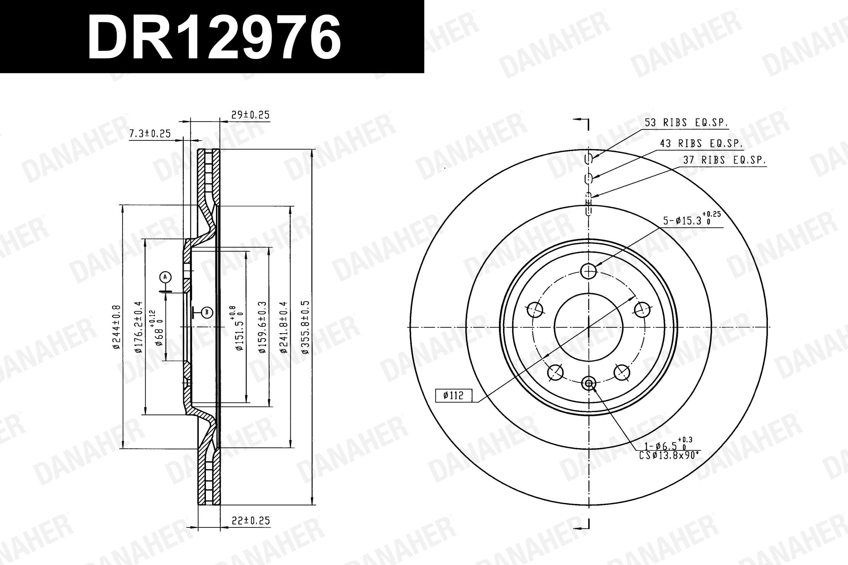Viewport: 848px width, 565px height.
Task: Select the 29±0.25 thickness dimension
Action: coord(250,115)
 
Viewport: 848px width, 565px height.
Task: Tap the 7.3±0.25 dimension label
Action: coord(150,133)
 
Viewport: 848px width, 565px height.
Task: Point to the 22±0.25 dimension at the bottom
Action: coord(251,520)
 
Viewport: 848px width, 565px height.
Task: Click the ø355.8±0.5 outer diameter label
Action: coord(305,327)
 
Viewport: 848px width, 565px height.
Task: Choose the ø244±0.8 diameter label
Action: coord(116,327)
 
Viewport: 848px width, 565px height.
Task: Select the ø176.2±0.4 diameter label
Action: coord(138,327)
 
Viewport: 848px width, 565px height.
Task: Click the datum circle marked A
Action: coord(166,277)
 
